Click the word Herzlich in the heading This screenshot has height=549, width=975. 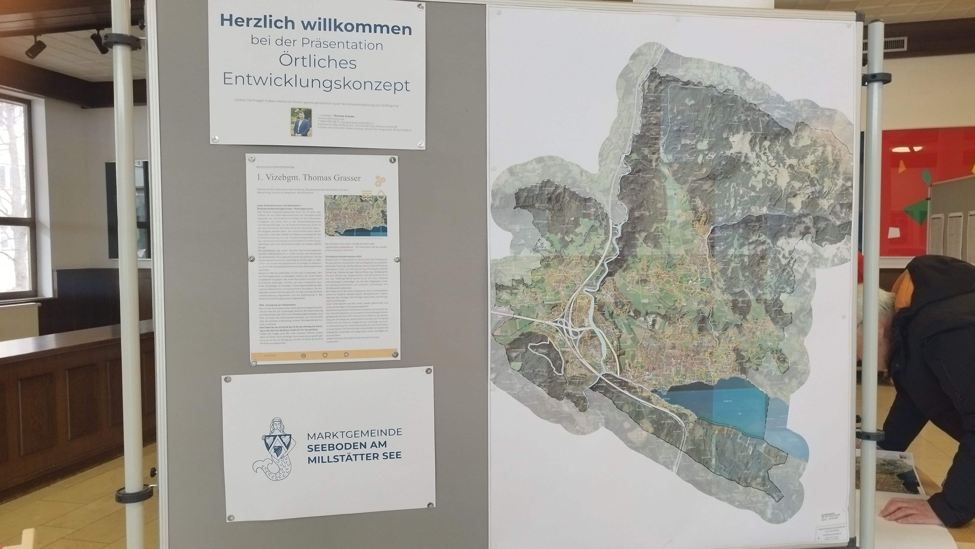[257, 22]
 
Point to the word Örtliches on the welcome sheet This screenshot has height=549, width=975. [318, 62]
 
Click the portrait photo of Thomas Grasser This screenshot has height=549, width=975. [301, 122]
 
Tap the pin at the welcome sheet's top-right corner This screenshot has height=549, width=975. [419, 6]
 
